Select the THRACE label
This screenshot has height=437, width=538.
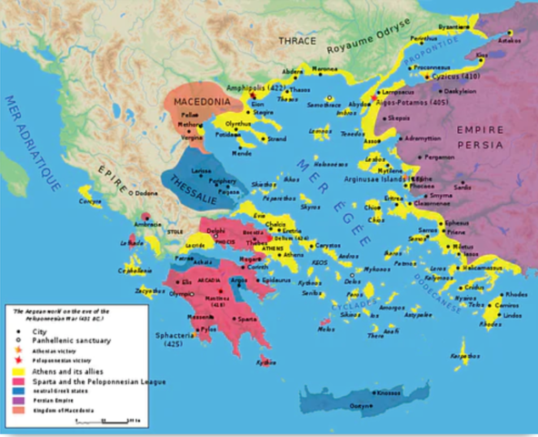[x=298, y=41]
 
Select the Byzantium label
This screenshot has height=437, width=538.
[x=454, y=28]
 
